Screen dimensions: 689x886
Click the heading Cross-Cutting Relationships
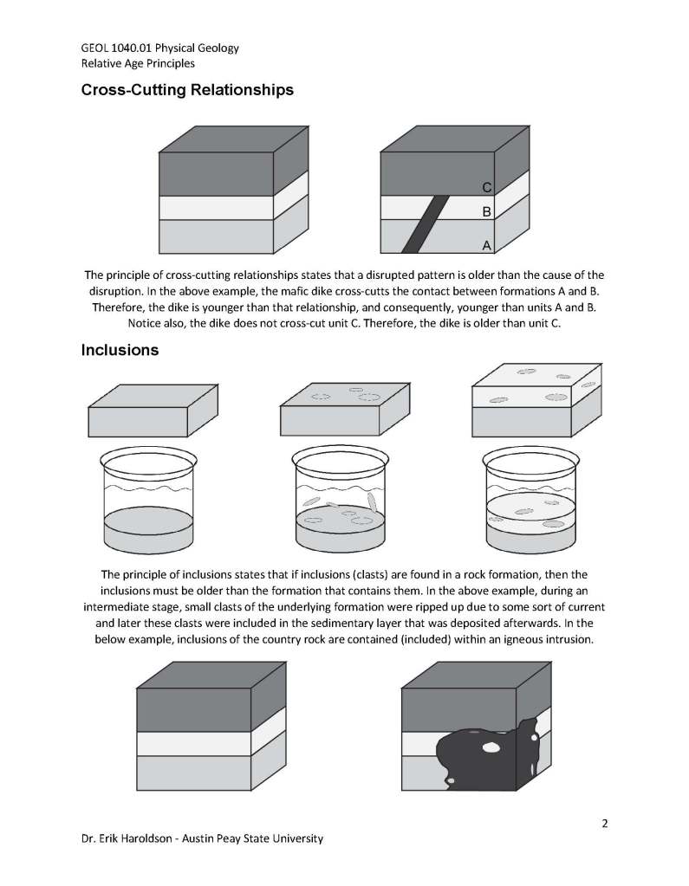(187, 90)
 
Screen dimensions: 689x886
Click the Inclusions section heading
(120, 351)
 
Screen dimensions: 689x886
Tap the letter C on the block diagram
(487, 187)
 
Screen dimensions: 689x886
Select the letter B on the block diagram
(487, 212)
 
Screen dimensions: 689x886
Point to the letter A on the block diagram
(486, 246)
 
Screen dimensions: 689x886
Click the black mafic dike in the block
(426, 223)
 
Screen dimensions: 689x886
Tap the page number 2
(605, 824)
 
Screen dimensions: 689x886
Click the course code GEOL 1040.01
(116, 48)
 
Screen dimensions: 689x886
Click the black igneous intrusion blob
(489, 754)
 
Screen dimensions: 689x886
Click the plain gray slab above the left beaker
(153, 411)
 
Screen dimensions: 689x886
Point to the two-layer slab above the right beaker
(536, 400)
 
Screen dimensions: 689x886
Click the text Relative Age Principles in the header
(138, 63)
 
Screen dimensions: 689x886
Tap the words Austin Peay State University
(253, 838)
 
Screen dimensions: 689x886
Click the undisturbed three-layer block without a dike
(233, 190)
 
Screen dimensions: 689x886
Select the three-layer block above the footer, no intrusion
(211, 727)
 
